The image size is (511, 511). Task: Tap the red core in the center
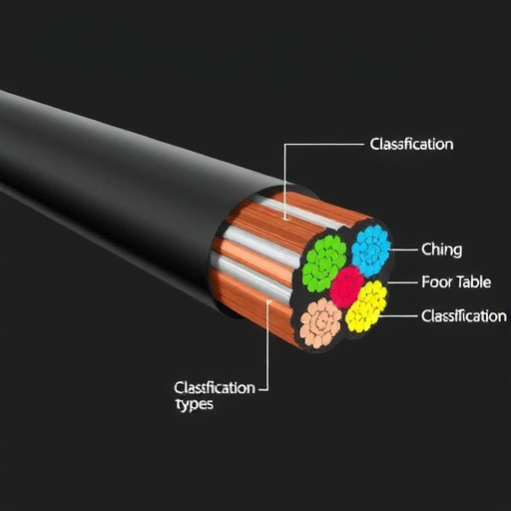(347, 287)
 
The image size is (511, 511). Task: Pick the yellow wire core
(366, 306)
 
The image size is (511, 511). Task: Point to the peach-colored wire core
(320, 323)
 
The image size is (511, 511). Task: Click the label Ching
(441, 250)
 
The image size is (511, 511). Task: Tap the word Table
(473, 282)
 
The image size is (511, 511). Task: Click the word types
(194, 405)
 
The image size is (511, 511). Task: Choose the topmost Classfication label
(411, 145)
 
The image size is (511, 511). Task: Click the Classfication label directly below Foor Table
(464, 316)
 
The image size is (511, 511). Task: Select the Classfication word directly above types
(215, 388)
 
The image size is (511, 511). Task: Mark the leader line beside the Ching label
(403, 250)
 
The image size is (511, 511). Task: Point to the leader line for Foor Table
(402, 282)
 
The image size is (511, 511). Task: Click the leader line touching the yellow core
(398, 315)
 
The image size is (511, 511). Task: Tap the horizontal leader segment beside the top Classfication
(324, 145)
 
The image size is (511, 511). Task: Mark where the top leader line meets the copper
(285, 219)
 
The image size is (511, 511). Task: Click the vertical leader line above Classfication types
(267, 344)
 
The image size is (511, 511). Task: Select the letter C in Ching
(425, 250)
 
